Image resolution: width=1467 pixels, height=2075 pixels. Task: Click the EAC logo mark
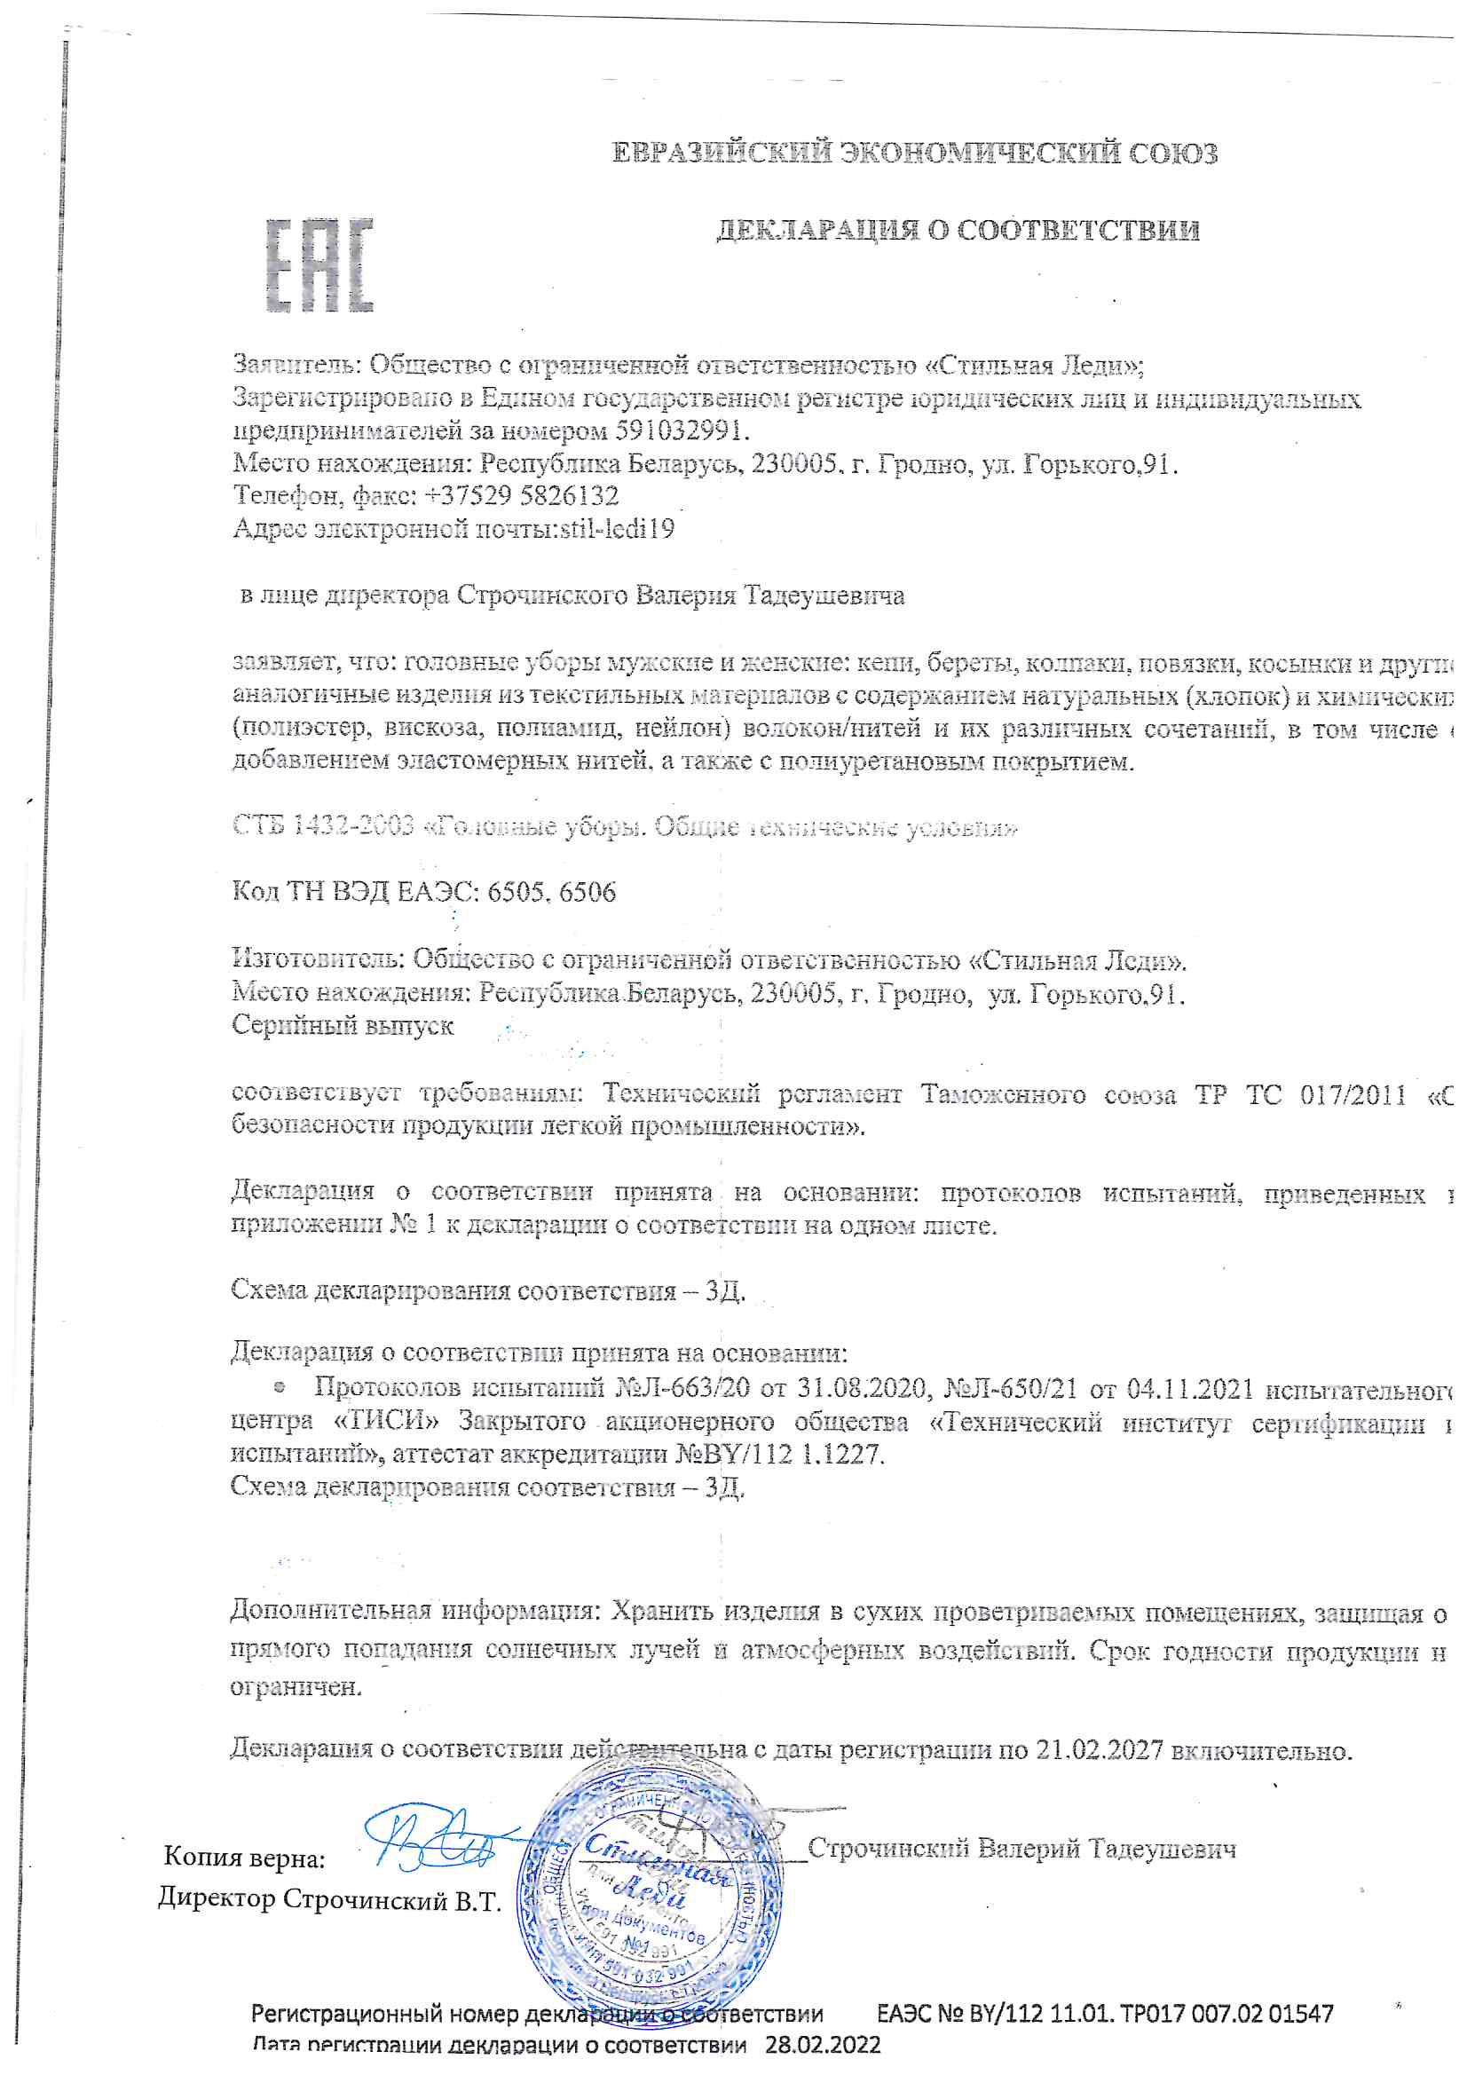coord(319,264)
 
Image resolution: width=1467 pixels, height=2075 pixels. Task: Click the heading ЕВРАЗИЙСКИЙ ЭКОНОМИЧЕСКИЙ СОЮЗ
coord(914,153)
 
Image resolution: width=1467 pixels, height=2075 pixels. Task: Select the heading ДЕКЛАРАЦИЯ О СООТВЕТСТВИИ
coord(958,231)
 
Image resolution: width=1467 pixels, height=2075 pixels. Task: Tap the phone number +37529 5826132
coord(522,495)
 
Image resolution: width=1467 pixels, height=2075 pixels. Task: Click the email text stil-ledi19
coord(618,529)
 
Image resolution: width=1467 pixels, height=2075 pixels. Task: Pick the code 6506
coord(588,893)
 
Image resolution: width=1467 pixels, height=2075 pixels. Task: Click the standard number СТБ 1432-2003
coord(323,825)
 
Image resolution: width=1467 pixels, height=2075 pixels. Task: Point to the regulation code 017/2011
coord(1353,1095)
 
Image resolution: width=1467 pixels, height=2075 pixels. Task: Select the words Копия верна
coord(244,1858)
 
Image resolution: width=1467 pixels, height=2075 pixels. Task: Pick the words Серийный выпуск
coord(343,1026)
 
